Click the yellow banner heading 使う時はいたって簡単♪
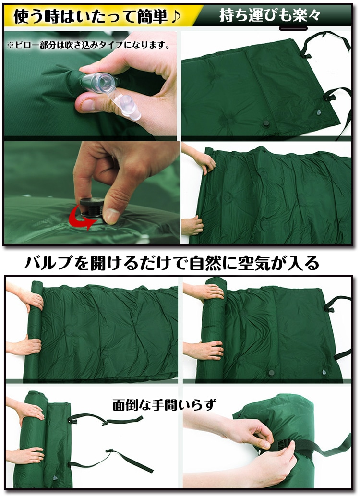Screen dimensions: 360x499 pyautogui.click(x=97, y=16)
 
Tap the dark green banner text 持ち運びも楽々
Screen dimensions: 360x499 pyautogui.click(x=269, y=15)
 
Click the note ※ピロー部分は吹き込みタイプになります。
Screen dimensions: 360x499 pyautogui.click(x=88, y=45)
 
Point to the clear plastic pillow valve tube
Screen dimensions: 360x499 pyautogui.click(x=98, y=83)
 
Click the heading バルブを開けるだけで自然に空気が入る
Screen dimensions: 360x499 pyautogui.click(x=171, y=264)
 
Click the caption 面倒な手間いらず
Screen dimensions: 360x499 pyautogui.click(x=164, y=405)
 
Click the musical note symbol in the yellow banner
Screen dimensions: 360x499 pyautogui.click(x=175, y=16)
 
